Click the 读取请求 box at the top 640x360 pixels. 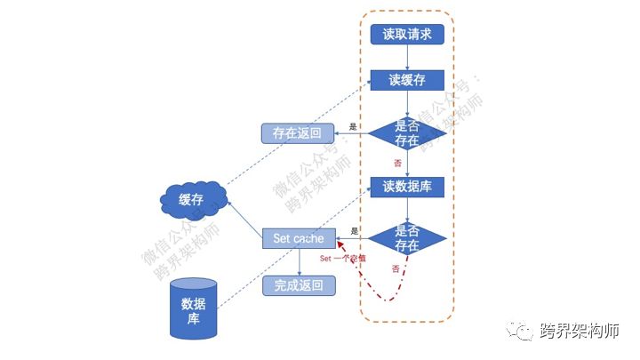click(406, 35)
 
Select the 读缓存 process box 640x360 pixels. click(406, 80)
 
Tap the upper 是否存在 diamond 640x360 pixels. click(406, 133)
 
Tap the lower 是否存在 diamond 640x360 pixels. click(406, 238)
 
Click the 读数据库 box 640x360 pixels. click(406, 187)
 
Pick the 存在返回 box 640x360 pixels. click(298, 133)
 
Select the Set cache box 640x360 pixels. click(300, 238)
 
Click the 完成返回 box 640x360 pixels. click(300, 285)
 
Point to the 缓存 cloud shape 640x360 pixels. click(191, 201)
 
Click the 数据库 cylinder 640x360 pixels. click(194, 308)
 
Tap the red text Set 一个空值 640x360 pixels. click(342, 258)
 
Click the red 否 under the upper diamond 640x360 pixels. click(396, 164)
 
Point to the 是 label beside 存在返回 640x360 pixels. click(352, 127)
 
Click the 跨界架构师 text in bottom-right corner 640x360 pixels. click(579, 332)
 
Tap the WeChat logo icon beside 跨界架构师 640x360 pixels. click(522, 332)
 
